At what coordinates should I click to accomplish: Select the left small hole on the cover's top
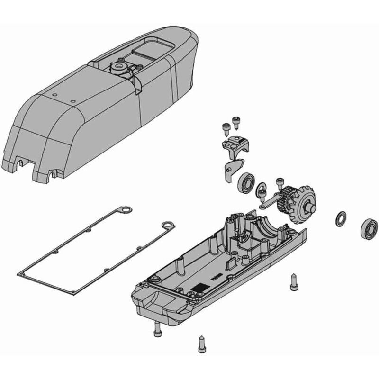pos(55,95)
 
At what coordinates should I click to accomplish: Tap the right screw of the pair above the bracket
pos(234,122)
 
